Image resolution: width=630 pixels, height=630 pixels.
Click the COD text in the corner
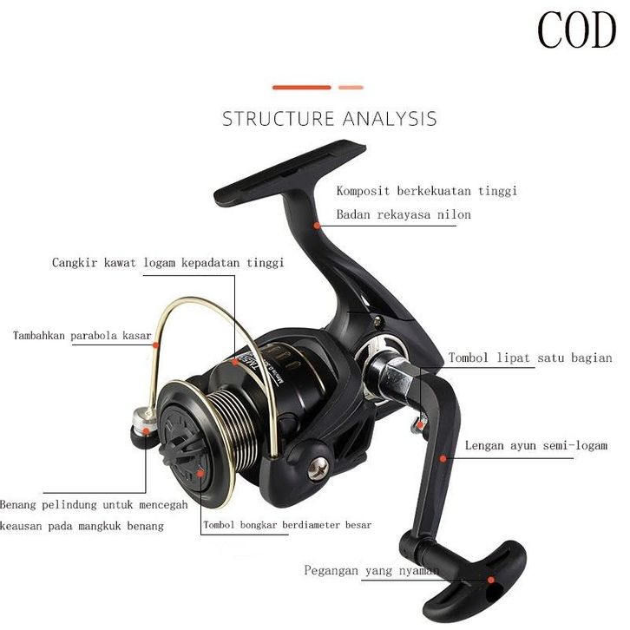click(575, 30)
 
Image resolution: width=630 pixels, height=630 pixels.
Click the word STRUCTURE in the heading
click(279, 119)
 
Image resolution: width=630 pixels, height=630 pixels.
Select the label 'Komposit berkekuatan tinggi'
click(426, 190)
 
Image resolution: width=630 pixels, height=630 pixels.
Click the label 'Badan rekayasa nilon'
click(404, 214)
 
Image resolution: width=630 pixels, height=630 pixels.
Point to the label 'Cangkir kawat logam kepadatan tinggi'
click(167, 262)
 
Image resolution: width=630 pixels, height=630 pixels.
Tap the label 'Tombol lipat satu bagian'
click(529, 358)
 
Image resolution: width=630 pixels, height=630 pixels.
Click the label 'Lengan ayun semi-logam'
click(535, 446)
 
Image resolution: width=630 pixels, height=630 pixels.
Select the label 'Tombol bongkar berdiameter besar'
click(287, 525)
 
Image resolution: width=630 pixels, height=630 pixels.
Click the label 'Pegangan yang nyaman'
click(371, 571)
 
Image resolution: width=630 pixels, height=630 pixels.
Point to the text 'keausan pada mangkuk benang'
click(82, 527)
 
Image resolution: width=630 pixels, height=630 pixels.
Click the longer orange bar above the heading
click(302, 88)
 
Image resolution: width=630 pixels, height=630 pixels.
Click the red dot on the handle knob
click(490, 579)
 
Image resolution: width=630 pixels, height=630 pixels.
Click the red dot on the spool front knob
click(200, 474)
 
